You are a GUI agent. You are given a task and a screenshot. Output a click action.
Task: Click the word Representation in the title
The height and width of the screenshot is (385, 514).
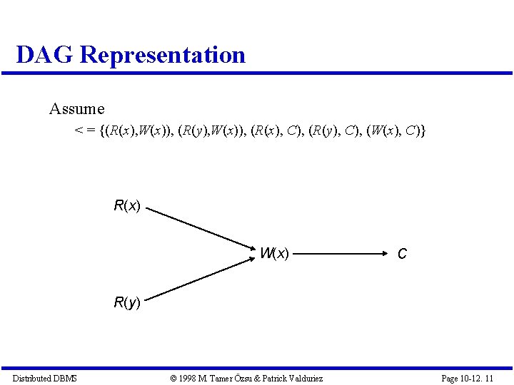pos(163,55)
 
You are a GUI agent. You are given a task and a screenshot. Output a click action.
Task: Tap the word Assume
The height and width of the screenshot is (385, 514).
pos(76,109)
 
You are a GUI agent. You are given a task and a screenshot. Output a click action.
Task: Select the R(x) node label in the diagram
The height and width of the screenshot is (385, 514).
pos(127,207)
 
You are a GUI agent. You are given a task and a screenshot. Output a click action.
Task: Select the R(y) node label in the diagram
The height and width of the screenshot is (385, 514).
pos(127,303)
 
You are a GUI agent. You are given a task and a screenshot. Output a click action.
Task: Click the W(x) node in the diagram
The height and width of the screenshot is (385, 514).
pos(274,253)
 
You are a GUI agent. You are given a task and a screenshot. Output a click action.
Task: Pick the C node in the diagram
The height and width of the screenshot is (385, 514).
pos(402,254)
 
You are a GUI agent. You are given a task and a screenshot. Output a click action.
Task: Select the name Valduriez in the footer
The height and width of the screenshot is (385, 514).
pos(302,378)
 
